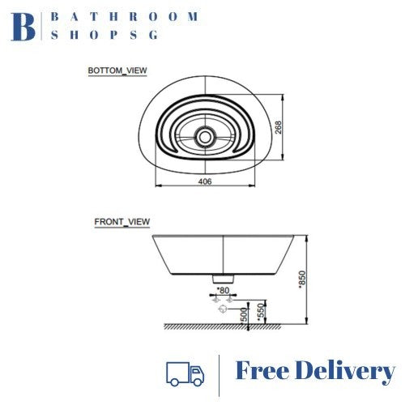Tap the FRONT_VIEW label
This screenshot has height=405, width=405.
(122, 221)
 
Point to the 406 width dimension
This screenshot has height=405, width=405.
(205, 184)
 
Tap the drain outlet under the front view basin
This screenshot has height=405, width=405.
(220, 279)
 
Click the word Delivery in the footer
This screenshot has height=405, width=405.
(348, 372)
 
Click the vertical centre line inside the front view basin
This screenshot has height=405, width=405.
(220, 255)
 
